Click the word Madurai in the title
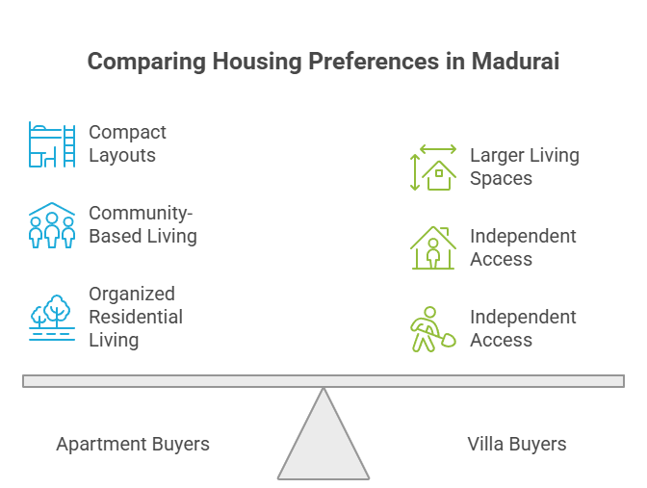[x=515, y=61]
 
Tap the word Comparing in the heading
[x=146, y=62]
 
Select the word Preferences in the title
[x=374, y=61]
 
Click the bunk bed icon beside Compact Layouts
[x=52, y=144]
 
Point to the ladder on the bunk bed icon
[x=69, y=145]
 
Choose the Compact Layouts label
[x=127, y=143]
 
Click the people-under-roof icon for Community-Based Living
[x=52, y=225]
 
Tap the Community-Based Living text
[x=142, y=224]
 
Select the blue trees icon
[x=52, y=318]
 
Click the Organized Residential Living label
[x=136, y=317]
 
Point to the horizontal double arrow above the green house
[x=438, y=149]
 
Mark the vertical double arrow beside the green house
[x=415, y=172]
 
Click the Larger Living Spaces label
[x=525, y=167]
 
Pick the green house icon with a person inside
[x=433, y=248]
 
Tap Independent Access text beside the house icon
[x=523, y=247]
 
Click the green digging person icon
[x=433, y=329]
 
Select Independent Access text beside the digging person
[x=523, y=328]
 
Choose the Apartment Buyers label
[x=133, y=445]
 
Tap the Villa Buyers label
[x=517, y=445]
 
